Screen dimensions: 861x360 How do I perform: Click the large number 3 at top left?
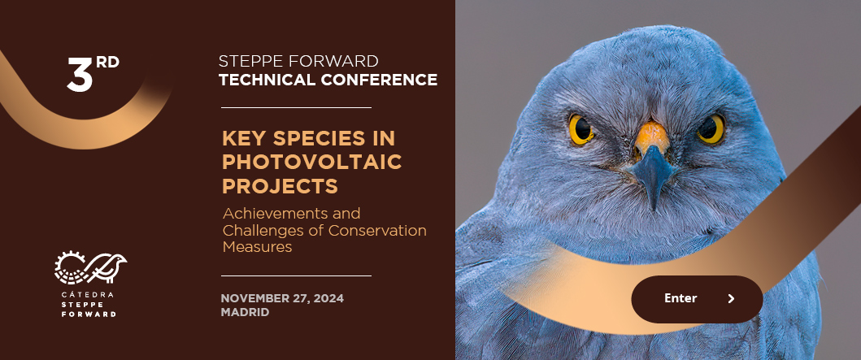pyautogui.click(x=80, y=73)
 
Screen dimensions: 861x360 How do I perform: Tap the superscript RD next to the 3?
pyautogui.click(x=107, y=62)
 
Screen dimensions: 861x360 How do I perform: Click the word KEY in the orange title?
pyautogui.click(x=244, y=138)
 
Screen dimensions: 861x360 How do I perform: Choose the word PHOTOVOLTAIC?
pyautogui.click(x=312, y=162)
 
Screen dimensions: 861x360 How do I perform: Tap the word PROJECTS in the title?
pyautogui.click(x=280, y=186)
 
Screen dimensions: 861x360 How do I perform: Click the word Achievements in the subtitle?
pyautogui.click(x=291, y=213)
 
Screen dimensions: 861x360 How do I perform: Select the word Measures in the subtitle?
pyautogui.click(x=257, y=247)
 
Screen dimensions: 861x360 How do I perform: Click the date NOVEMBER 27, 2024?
pyautogui.click(x=282, y=298)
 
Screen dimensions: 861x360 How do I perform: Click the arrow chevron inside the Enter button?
pyautogui.click(x=731, y=298)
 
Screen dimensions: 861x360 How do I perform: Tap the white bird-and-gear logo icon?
pyautogui.click(x=90, y=267)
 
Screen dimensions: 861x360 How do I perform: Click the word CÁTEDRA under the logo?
pyautogui.click(x=88, y=295)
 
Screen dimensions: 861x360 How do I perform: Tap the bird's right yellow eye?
pyautogui.click(x=711, y=129)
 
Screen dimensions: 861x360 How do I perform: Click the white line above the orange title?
pyautogui.click(x=296, y=107)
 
